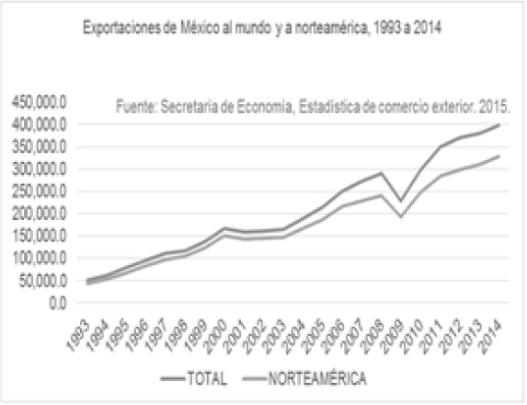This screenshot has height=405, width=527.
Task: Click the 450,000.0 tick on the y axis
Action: pos(36,101)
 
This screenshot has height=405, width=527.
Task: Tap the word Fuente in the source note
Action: pos(135,106)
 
